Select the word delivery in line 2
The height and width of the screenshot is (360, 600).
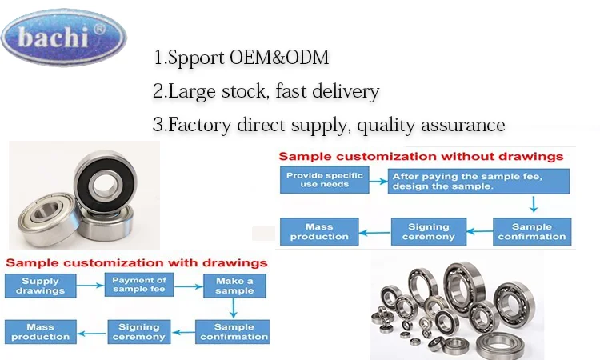coord(343,92)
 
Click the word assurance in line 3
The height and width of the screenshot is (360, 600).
coord(463,126)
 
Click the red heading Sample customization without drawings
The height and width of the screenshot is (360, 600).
coord(420,156)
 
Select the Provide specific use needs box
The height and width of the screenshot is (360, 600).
coord(325,181)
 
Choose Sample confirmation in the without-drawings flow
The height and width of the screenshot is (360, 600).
coord(531,232)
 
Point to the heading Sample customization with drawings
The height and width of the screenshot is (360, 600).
coord(136,262)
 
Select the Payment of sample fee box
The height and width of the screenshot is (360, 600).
coord(139,286)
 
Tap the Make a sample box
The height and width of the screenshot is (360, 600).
coord(234,286)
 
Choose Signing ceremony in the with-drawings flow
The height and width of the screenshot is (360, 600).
coord(139,331)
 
